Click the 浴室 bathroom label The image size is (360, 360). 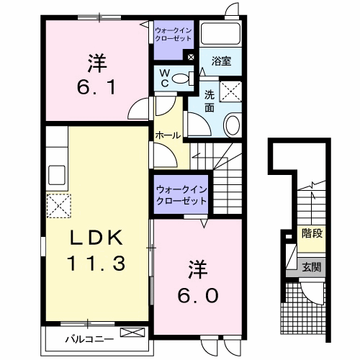[220, 63]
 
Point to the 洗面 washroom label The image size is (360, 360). [209, 101]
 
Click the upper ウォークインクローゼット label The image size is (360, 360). [173, 33]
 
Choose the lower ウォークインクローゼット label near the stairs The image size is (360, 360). [179, 194]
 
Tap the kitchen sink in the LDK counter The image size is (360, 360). [57, 174]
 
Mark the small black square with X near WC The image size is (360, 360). [190, 58]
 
